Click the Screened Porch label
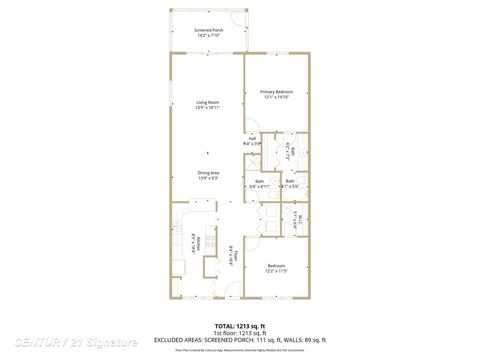coord(208,30)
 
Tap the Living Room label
coord(208,102)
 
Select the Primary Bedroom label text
coord(277,92)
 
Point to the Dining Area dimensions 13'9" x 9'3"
coord(208,178)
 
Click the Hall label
coord(252,138)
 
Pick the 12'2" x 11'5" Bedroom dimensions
coord(277,271)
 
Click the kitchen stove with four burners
coord(210,243)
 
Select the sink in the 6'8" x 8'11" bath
coord(274,182)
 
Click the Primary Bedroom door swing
coord(252,127)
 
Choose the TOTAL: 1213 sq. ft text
coord(239,326)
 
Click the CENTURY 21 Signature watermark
coord(75,343)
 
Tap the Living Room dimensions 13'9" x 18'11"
coord(208,107)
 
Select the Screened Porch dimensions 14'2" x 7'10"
coord(208,35)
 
